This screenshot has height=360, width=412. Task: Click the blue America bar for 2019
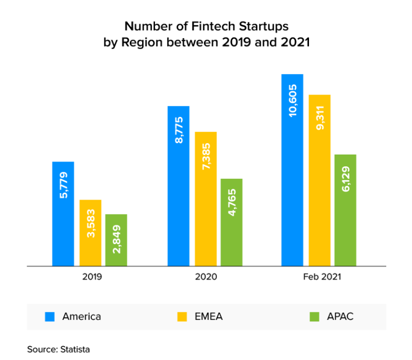pyautogui.click(x=63, y=214)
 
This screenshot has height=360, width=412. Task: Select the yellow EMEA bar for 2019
pyautogui.click(x=90, y=233)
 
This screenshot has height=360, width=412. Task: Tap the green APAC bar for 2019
pyautogui.click(x=116, y=240)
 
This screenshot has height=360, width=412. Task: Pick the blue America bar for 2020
pyautogui.click(x=178, y=186)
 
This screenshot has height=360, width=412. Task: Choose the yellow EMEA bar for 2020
pyautogui.click(x=205, y=199)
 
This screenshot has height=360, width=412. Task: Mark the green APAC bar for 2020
pyautogui.click(x=231, y=222)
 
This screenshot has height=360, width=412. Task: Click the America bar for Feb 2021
pyautogui.click(x=292, y=170)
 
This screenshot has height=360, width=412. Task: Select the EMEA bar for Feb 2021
pyautogui.click(x=319, y=180)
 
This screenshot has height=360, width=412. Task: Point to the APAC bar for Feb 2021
pyautogui.click(x=345, y=210)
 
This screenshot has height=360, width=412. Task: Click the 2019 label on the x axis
pyautogui.click(x=91, y=277)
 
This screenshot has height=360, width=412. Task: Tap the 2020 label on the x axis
pyautogui.click(x=205, y=277)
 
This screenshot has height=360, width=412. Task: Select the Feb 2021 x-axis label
pyautogui.click(x=319, y=277)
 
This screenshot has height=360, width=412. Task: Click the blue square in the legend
pyautogui.click(x=49, y=317)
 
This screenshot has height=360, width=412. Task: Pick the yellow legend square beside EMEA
pyautogui.click(x=182, y=317)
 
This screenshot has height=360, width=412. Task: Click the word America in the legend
pyautogui.click(x=82, y=317)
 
